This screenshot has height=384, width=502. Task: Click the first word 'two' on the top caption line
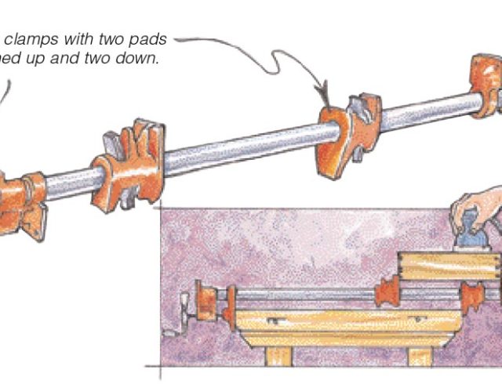tap(115, 38)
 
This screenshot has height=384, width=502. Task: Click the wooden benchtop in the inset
tap(345, 321)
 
